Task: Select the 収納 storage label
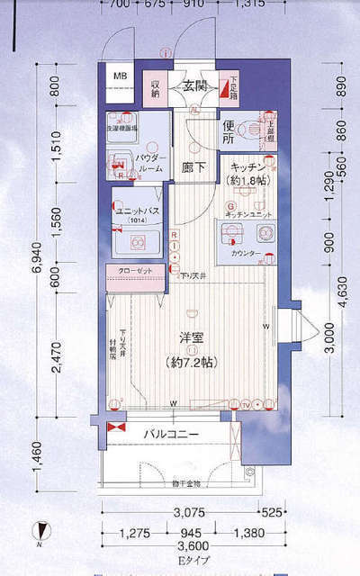click(155, 88)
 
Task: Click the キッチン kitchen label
click(247, 167)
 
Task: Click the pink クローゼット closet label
click(135, 271)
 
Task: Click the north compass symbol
click(39, 532)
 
